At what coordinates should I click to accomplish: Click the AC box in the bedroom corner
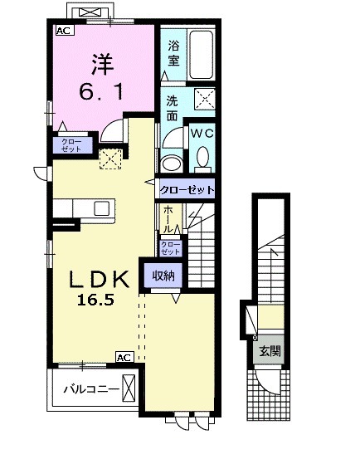pos(65,31)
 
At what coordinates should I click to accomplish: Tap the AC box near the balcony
pos(125,357)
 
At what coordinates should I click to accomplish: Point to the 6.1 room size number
pos(100,92)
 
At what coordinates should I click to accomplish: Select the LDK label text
pos(100,279)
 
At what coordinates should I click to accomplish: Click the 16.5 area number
pos(95,300)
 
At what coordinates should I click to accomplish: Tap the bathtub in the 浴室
pos(202,55)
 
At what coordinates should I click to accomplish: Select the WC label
pos(202,134)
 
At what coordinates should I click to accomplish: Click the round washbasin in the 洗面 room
pos(172,164)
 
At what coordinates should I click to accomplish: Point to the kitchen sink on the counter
pos(102,208)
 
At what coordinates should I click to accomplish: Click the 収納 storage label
pos(163,276)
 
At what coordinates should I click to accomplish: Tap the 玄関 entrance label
pos(270,351)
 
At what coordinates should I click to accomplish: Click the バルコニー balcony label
pos(91,389)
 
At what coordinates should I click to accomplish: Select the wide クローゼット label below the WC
pos(187,190)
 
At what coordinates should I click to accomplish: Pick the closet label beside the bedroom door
pos(71,145)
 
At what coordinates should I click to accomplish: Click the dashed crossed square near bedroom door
pos(110,159)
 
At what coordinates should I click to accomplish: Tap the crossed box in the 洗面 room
pos(205,98)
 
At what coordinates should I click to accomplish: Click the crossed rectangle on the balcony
pos(129,388)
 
